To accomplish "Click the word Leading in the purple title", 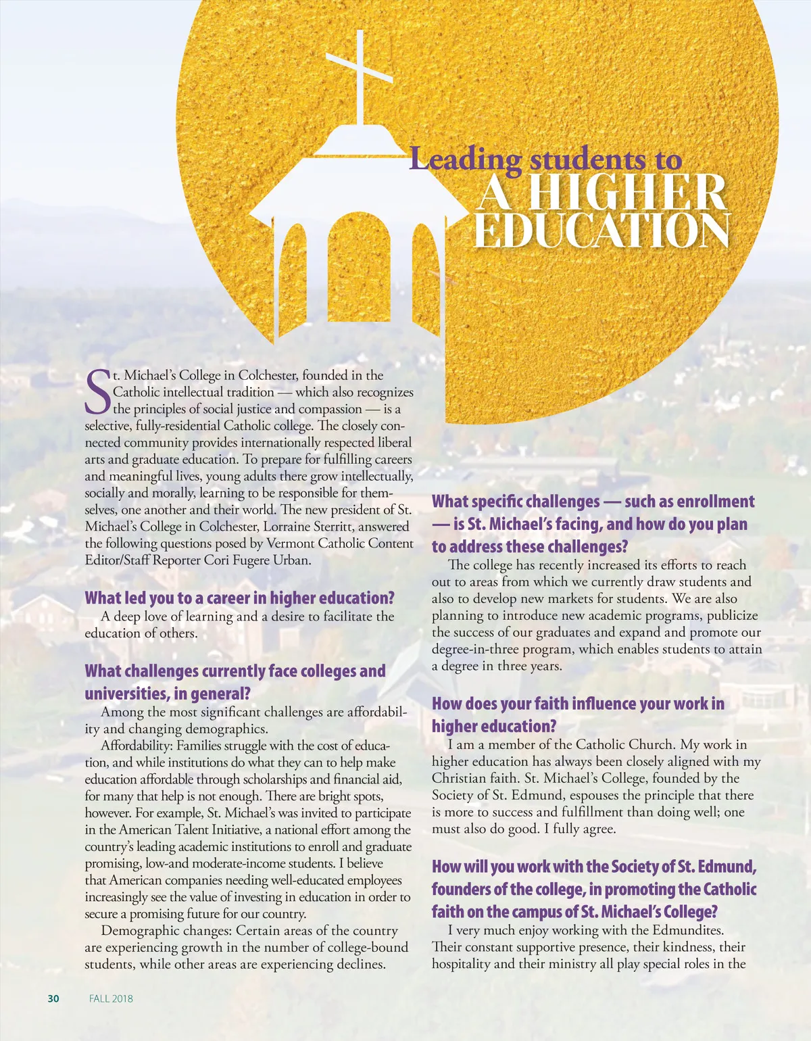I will [x=466, y=160].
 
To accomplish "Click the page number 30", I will [x=53, y=998].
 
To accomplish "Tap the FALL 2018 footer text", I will [x=111, y=998].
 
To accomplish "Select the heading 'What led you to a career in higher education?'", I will [x=239, y=598].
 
